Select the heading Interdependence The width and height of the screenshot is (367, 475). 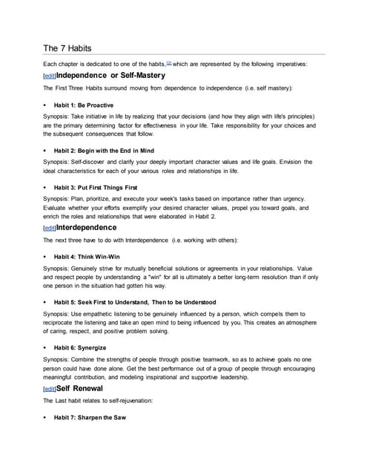[x=92, y=227]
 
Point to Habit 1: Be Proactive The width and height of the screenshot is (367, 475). [x=83, y=105]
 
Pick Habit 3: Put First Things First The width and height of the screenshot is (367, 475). [x=96, y=187]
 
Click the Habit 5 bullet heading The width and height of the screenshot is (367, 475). [x=135, y=302]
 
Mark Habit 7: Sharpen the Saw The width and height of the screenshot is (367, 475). [x=90, y=417]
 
